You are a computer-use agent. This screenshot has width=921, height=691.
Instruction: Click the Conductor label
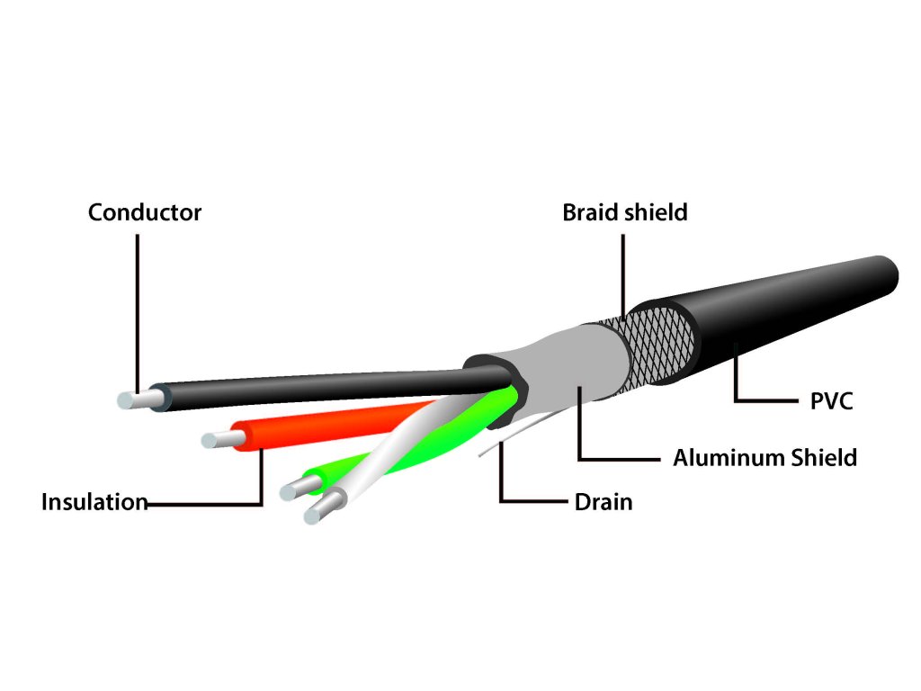145,213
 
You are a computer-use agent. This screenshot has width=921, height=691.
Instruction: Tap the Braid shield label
624,213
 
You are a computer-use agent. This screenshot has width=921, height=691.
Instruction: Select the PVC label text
830,401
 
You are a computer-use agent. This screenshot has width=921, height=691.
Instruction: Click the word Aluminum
728,458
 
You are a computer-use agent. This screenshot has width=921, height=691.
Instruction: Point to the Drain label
603,502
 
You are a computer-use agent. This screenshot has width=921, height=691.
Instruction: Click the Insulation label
94,502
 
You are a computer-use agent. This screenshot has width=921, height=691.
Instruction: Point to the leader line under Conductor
138,306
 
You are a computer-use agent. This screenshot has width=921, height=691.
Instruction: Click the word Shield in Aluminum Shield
823,458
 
